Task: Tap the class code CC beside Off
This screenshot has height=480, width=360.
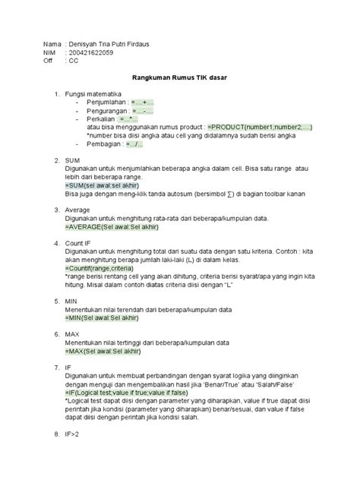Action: tap(74, 62)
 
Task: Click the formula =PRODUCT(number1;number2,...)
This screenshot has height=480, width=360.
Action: tap(257, 128)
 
